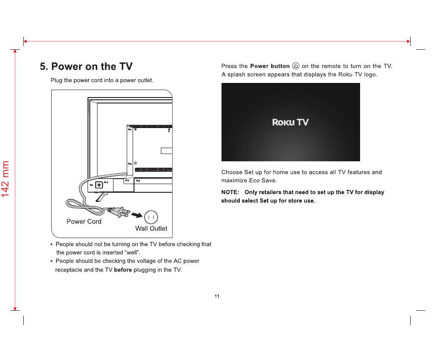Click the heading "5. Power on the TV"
point(86,67)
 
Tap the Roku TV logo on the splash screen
point(290,122)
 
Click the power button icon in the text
point(295,66)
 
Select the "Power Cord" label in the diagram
point(84,221)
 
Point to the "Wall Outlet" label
point(151,228)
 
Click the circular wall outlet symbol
point(151,217)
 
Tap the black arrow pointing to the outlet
point(137,215)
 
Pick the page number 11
point(217,296)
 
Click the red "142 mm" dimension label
point(5,179)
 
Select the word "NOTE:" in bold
point(230,192)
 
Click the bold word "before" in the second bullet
point(123,270)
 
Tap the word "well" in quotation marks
point(133,252)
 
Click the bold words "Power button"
point(270,66)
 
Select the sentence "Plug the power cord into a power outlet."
point(102,80)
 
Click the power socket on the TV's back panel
point(99,185)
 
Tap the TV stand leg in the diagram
point(101,197)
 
